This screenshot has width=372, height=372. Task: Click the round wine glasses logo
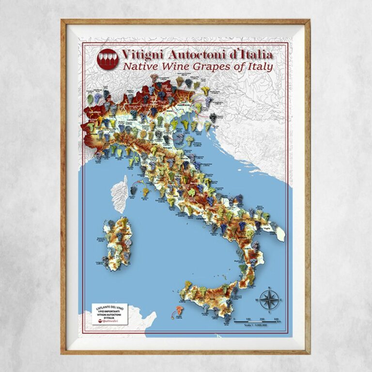point(108,59)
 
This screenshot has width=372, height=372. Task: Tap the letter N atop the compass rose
point(269,288)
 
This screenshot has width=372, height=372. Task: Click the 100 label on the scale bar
point(248,320)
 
